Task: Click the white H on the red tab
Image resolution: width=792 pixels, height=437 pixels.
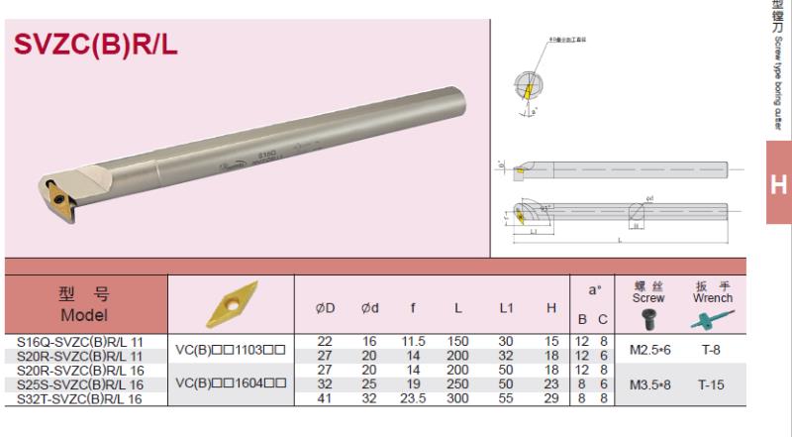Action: pyautogui.click(x=778, y=185)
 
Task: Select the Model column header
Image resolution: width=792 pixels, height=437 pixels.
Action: pyautogui.click(x=84, y=304)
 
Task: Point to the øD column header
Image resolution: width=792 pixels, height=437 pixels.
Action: pyautogui.click(x=324, y=308)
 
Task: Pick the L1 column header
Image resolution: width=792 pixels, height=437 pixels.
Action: pyautogui.click(x=506, y=308)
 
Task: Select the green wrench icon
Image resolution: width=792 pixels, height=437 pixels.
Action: pyautogui.click(x=713, y=318)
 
